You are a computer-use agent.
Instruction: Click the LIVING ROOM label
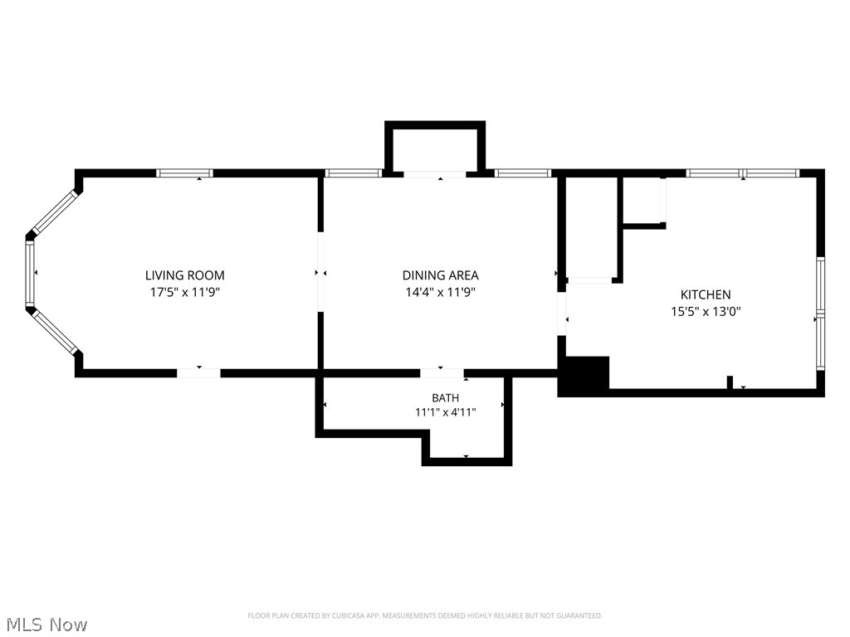(x=185, y=275)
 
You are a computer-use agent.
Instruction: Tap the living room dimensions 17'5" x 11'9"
(x=185, y=293)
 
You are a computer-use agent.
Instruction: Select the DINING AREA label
(x=440, y=275)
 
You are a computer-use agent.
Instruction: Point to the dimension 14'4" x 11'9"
(x=440, y=293)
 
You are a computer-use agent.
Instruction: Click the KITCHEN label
(x=706, y=294)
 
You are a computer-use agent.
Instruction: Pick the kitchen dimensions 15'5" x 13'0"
(x=706, y=312)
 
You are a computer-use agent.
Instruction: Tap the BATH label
(x=445, y=398)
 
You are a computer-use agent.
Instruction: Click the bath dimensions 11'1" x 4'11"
(x=445, y=412)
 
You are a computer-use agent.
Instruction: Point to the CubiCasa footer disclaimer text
(x=425, y=615)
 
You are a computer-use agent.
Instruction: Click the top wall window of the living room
(x=185, y=173)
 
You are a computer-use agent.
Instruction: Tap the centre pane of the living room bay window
(x=30, y=273)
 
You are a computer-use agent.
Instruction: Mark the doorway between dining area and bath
(x=442, y=373)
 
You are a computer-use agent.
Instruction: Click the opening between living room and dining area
(x=320, y=272)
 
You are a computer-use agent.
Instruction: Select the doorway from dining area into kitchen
(x=562, y=314)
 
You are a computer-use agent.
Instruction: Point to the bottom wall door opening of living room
(x=199, y=373)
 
